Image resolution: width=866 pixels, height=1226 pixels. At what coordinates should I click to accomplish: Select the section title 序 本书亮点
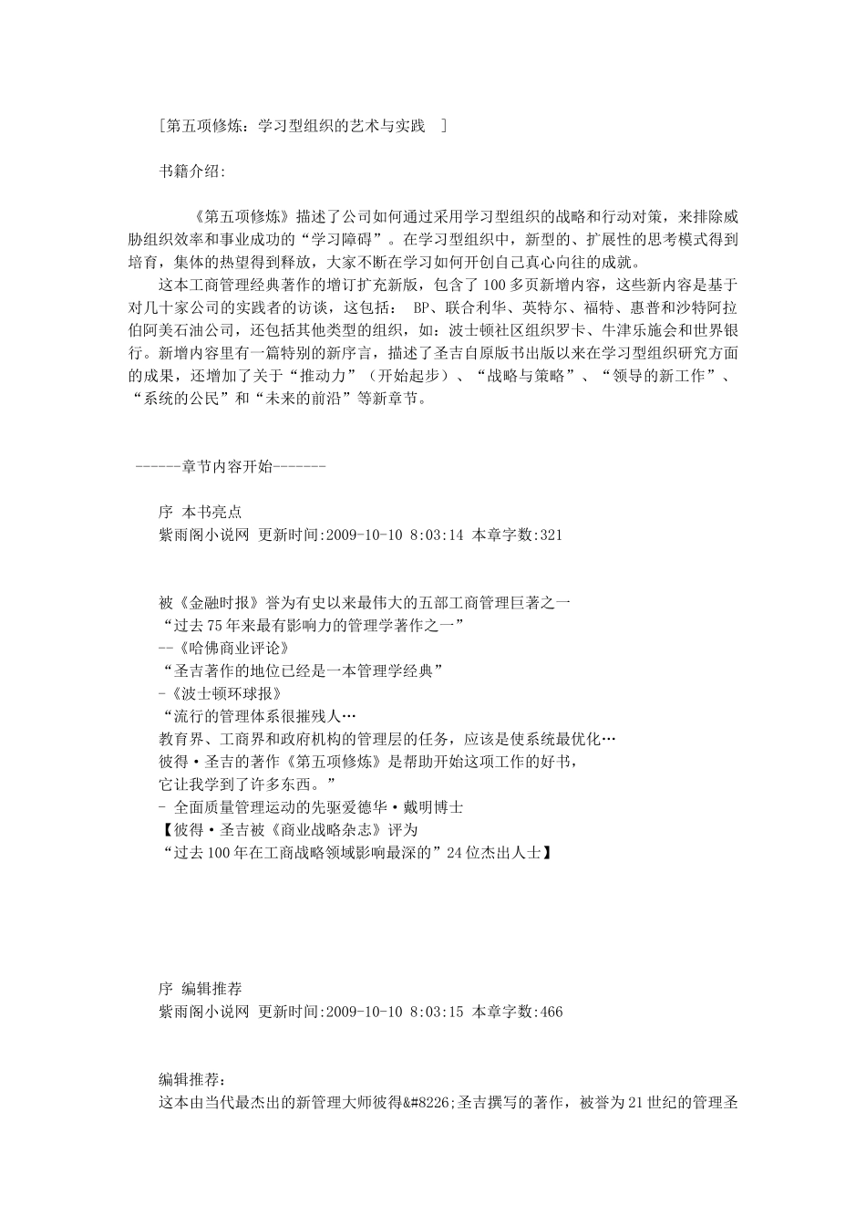pos(200,513)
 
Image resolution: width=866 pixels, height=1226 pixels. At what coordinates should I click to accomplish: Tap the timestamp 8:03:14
pos(437,535)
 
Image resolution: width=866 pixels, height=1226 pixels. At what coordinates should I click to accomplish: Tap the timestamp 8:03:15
pos(437,1012)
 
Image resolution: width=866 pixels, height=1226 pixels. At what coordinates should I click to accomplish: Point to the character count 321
pos(551,535)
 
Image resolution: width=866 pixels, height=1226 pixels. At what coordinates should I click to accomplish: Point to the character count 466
pos(551,1012)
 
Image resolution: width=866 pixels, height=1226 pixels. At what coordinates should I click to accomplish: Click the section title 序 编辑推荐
pos(200,989)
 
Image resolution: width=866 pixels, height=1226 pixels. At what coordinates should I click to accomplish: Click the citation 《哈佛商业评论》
pos(233,649)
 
